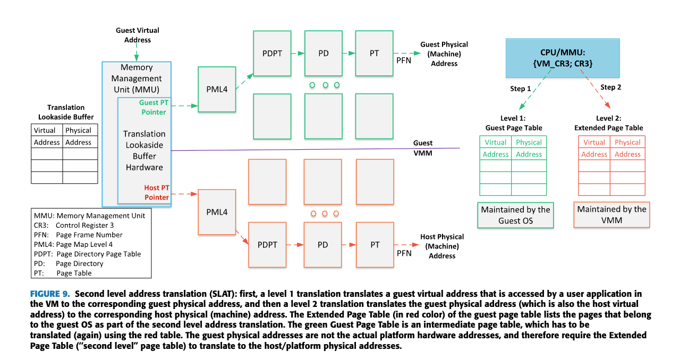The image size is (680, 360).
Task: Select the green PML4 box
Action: (217, 89)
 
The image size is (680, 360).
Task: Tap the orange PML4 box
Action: (217, 212)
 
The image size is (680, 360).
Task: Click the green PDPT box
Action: (272, 54)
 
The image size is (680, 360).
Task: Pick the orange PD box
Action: (322, 245)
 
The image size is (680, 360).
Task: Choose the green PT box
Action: (374, 54)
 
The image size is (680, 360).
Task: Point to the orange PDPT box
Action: (267, 245)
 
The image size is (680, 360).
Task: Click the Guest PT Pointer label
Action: (152, 107)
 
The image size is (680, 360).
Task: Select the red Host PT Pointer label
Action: (156, 192)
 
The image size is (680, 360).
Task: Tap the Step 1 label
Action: (521, 88)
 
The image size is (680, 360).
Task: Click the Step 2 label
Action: (610, 87)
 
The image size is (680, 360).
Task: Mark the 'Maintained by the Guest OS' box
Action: (515, 215)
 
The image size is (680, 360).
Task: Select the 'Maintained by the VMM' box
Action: (611, 215)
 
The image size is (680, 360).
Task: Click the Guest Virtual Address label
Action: (137, 35)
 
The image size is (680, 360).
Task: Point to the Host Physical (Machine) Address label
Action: (442, 246)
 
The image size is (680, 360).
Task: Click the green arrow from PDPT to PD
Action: (297, 54)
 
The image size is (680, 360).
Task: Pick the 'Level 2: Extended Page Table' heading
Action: (608, 123)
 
